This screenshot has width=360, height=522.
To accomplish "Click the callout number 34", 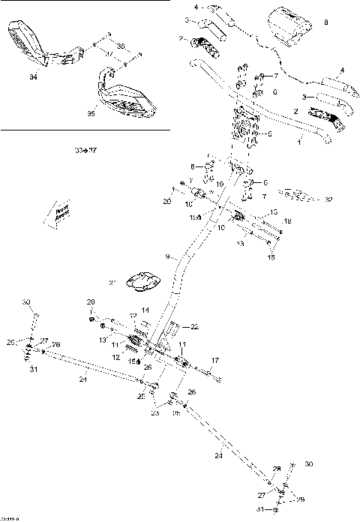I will tap(32, 76).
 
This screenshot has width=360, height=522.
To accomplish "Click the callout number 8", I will tap(325, 23).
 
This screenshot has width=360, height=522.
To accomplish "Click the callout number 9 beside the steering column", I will tap(168, 256).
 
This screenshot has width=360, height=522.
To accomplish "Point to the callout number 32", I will tap(328, 199).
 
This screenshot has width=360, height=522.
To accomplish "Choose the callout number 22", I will tap(194, 326).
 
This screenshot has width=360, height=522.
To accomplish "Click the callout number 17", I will tap(214, 361).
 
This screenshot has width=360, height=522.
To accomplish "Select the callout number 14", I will tap(145, 310).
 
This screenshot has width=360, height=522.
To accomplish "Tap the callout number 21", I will tap(112, 283).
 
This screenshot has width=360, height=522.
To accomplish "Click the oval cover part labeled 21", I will tap(142, 282).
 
